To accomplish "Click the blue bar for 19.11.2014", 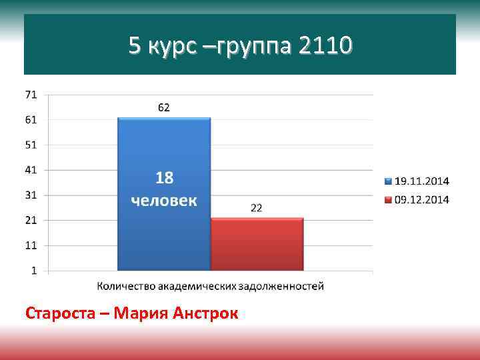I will (164, 233).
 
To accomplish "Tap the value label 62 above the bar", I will (164, 107).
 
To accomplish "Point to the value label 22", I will (256, 207).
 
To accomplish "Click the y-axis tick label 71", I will (31, 95).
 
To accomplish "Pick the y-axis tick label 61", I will (31, 120).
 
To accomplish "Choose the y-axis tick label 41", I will (31, 170).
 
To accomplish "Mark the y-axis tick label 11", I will (31, 245).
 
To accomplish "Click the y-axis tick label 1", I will (33, 271).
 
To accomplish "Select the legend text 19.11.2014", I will (422, 181).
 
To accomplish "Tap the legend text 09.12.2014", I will (422, 199).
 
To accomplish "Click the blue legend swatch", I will (389, 181).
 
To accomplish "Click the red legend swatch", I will (389, 199).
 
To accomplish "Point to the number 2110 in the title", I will (325, 46).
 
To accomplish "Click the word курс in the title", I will (171, 47).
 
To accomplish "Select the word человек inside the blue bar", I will (164, 200).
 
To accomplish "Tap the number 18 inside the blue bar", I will (164, 178).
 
